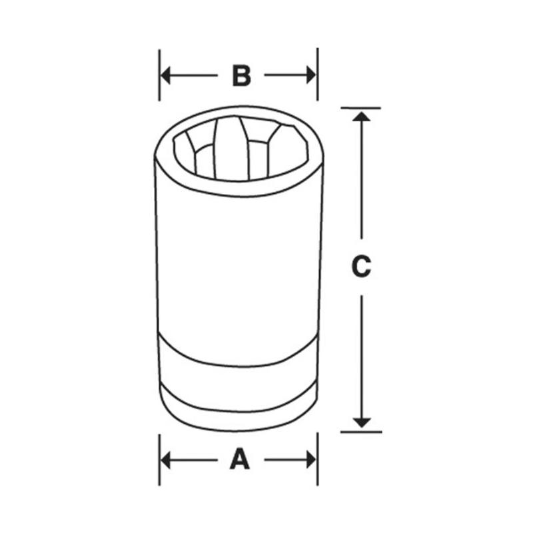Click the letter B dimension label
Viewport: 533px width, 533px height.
click(241, 75)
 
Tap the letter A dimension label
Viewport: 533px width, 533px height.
click(239, 459)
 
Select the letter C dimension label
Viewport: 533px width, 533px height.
click(360, 266)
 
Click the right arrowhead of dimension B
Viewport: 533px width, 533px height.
click(311, 75)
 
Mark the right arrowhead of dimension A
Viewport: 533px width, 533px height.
click(311, 459)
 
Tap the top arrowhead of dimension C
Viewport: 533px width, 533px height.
click(361, 116)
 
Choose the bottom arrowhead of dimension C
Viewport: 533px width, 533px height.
click(361, 422)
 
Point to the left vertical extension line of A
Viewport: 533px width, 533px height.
click(160, 459)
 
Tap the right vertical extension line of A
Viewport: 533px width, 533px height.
click(318, 459)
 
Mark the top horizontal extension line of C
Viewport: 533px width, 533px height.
click(360, 108)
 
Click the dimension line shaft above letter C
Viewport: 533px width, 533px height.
click(361, 180)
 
